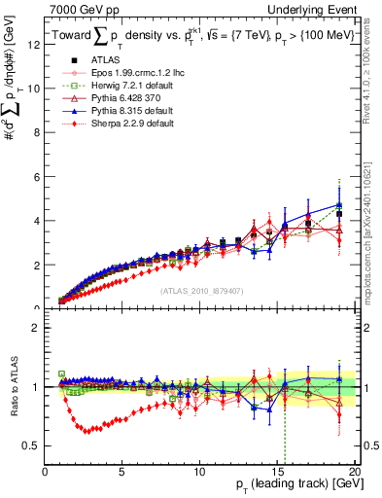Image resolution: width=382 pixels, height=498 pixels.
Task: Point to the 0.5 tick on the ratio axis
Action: (x=31, y=445)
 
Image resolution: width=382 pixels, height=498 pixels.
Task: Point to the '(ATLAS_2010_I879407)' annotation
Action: (x=201, y=289)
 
